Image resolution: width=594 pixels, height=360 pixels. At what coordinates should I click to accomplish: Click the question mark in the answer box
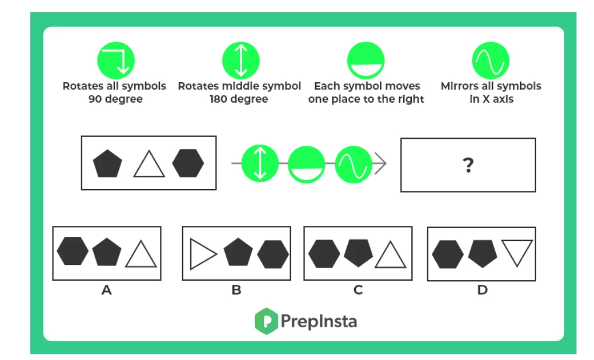point(467,166)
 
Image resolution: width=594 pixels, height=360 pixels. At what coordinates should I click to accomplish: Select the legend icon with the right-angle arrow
point(116,61)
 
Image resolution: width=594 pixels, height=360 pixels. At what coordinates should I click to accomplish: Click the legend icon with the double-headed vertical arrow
point(240,61)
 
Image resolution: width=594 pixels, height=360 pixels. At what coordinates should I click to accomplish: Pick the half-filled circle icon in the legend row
point(366,61)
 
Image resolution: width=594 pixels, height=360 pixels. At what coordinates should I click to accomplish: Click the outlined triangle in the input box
point(149,164)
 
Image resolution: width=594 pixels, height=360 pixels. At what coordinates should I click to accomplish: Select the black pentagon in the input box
point(108,163)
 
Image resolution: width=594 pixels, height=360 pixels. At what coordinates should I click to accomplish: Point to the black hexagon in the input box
point(188,163)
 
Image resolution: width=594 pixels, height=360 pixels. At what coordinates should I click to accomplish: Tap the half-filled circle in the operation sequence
point(307,164)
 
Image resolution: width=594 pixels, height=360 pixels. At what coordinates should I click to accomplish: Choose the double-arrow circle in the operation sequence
point(260,164)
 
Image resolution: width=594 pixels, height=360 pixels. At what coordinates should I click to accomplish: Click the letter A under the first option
point(106,289)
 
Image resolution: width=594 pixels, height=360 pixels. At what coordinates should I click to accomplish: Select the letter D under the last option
point(482,289)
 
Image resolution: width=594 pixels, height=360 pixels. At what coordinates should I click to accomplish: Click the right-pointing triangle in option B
point(202,254)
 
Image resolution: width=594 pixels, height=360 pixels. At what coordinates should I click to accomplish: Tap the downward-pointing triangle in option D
point(517,253)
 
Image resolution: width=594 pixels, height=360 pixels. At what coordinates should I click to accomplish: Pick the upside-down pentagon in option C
point(358,253)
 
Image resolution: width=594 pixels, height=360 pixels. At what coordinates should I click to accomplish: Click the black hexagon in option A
point(73,251)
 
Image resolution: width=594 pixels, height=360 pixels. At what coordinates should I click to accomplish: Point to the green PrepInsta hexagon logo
point(265,320)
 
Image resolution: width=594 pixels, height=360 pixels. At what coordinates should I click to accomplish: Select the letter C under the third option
point(358,289)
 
